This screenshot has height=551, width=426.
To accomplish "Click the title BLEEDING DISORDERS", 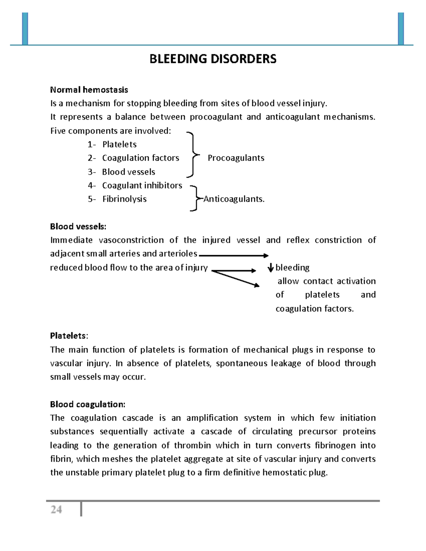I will (x=213, y=59).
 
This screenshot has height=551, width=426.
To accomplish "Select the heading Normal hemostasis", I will (x=89, y=90).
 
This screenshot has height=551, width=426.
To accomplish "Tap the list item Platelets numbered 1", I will (x=119, y=144).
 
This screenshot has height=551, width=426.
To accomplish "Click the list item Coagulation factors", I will (x=141, y=158).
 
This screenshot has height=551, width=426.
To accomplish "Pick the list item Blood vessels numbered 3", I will (x=129, y=172).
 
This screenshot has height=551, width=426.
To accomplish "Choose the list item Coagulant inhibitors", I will (x=142, y=186).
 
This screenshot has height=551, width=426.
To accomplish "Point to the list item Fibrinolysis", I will (x=124, y=199).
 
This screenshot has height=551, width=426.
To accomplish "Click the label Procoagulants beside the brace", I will (x=236, y=158).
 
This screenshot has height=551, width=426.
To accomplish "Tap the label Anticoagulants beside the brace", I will (x=234, y=199).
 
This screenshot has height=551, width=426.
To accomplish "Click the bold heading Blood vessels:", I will (x=78, y=226).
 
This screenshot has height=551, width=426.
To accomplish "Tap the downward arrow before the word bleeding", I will (x=271, y=268).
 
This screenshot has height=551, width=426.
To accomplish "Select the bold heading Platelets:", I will (x=69, y=336).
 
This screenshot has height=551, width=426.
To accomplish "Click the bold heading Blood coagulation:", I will (x=88, y=404).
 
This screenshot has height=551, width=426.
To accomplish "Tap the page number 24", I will (x=56, y=510).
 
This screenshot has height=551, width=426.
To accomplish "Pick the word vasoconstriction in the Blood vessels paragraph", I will (x=131, y=240).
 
